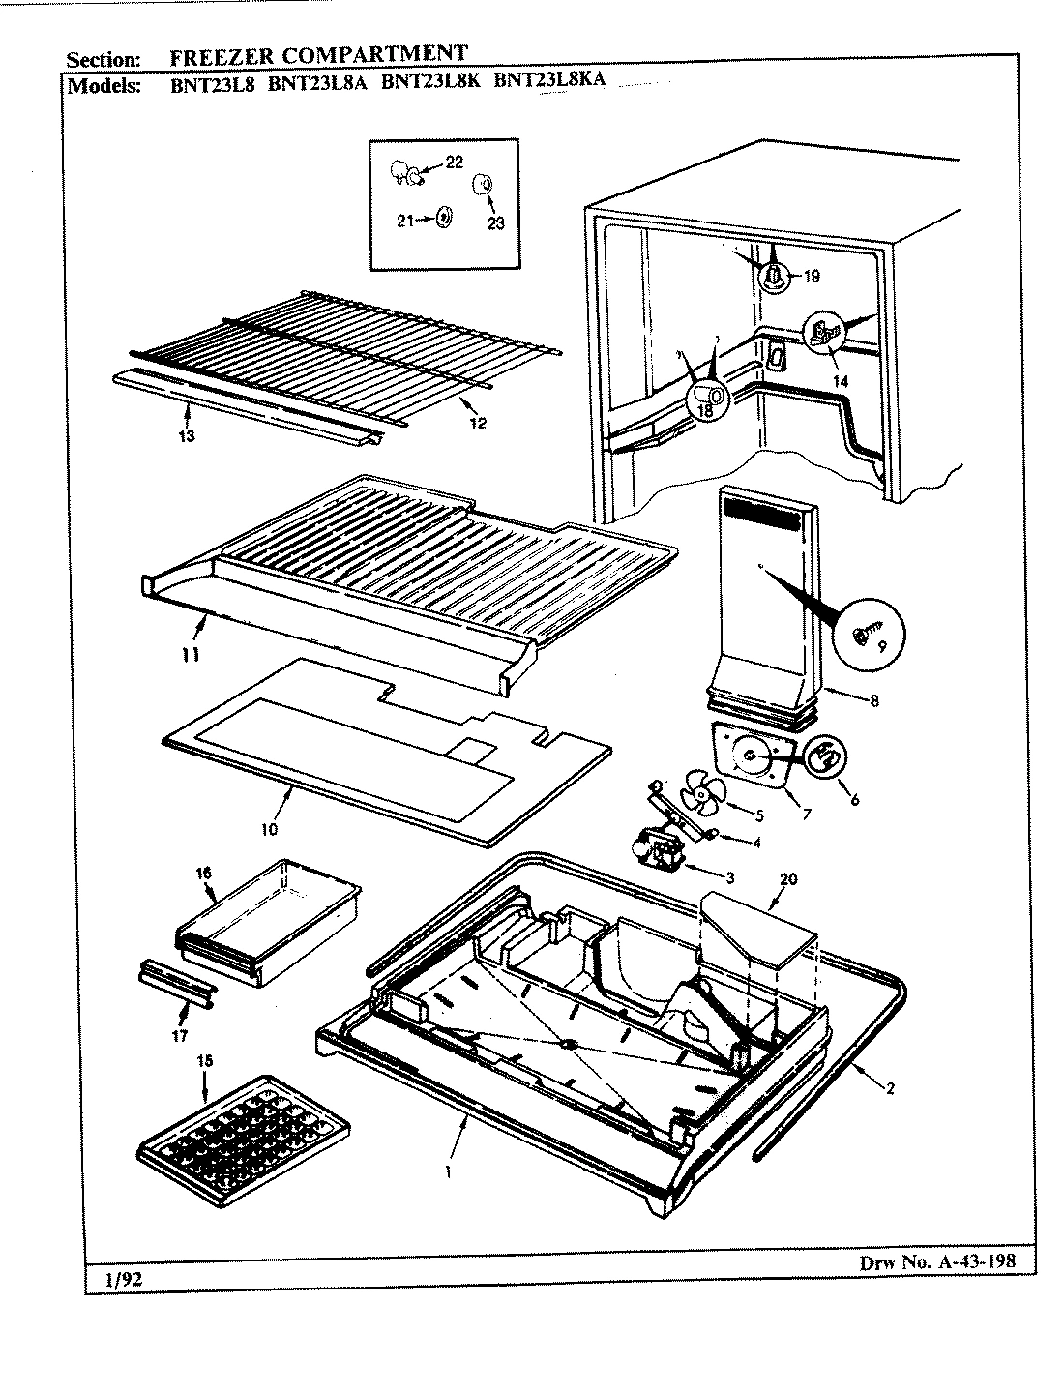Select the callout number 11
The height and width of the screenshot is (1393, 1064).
coord(192,655)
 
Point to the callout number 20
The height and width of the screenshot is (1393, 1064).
coord(788,878)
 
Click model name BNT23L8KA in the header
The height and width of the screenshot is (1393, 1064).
coord(549,81)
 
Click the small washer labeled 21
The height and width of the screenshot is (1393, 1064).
coord(444,220)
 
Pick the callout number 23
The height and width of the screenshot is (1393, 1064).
coord(495,222)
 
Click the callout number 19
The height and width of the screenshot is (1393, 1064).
coord(811,277)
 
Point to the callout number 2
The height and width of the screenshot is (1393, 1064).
coord(889,1087)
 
